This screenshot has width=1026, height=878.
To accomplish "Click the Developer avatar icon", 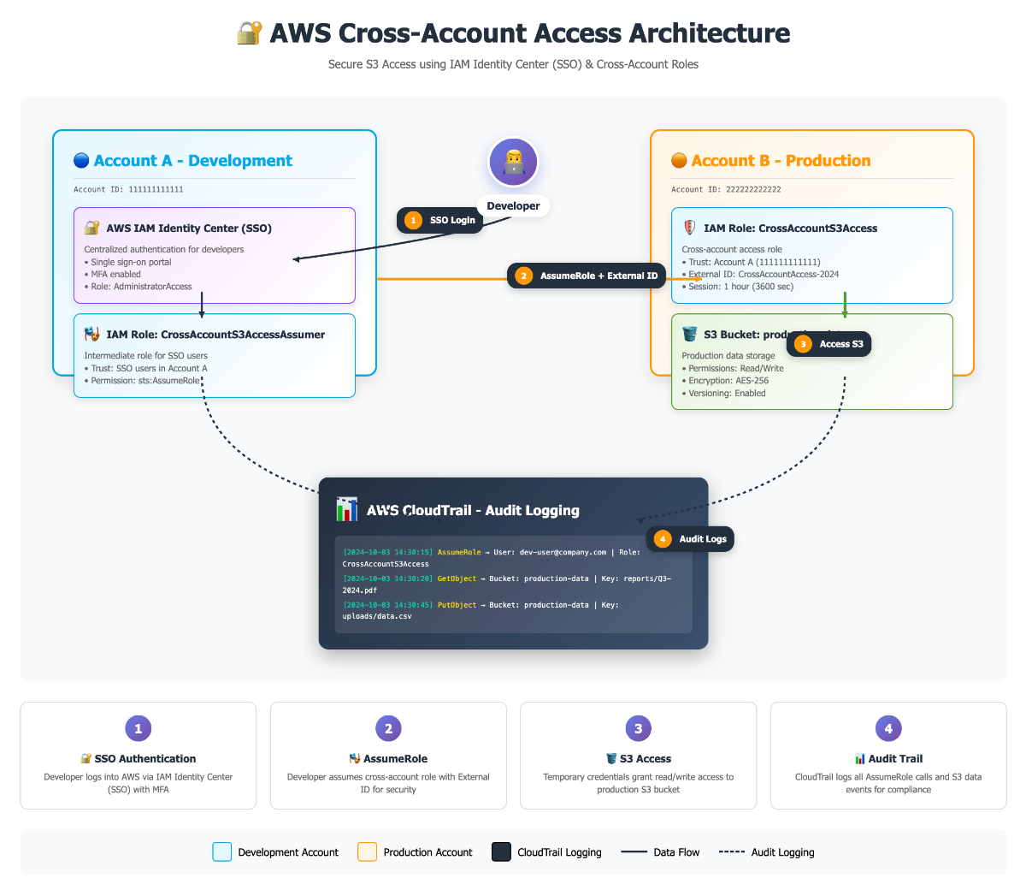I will click(x=513, y=162).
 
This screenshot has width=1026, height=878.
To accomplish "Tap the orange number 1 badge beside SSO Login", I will click(x=414, y=220).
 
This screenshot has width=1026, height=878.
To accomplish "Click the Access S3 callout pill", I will click(x=829, y=344).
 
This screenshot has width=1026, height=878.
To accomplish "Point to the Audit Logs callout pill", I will click(x=691, y=539).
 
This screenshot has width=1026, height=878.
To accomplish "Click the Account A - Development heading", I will click(x=192, y=161).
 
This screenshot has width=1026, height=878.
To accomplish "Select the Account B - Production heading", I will click(x=781, y=161).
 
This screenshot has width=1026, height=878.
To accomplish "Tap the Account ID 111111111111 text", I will click(x=128, y=190).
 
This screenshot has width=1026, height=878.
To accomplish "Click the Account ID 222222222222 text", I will click(x=726, y=190).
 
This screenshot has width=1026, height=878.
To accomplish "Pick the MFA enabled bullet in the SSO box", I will click(x=115, y=275).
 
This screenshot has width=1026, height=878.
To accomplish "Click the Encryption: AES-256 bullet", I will click(x=728, y=381).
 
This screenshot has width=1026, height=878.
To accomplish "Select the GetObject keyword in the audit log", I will click(x=457, y=578).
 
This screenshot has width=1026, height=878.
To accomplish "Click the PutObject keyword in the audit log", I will click(x=457, y=605).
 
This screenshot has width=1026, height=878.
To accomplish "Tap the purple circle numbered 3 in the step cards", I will click(x=638, y=729).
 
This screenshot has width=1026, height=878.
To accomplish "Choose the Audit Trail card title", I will click(x=895, y=759).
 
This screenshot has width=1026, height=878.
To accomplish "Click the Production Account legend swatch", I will click(x=367, y=852).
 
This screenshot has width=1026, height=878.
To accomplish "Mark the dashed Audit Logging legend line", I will click(x=732, y=852).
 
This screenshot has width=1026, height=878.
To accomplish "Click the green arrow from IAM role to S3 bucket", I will click(x=845, y=306).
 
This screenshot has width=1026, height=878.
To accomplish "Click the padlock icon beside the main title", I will click(x=249, y=33).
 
